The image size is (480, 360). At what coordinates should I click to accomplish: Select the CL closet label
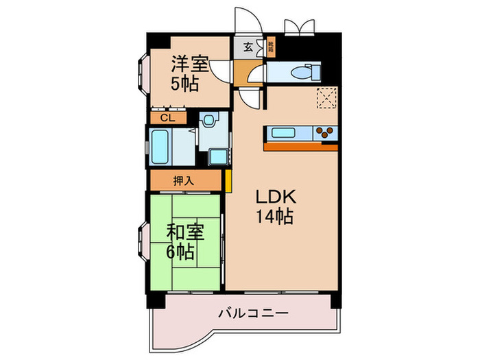click(x=167, y=118)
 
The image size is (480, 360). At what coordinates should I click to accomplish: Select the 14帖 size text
click(x=275, y=218)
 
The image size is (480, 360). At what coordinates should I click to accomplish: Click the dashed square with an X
click(x=326, y=99)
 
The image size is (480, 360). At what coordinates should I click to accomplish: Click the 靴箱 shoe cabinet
click(x=271, y=47)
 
